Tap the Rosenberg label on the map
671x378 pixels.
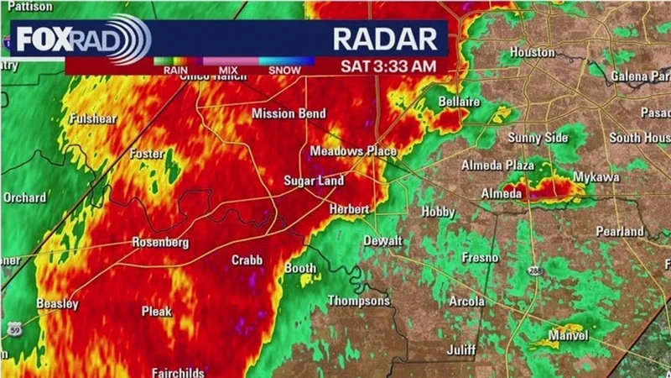coord(160,243)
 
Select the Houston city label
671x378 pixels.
coord(533,52)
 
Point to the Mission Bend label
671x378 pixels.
coord(289,113)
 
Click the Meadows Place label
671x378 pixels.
coord(353,151)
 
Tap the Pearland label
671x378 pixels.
coord(620,231)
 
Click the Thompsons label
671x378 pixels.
coord(358,301)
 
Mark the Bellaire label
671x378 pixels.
coord(459,102)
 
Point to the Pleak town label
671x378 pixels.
coord(156,312)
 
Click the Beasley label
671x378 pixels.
coord(57,303)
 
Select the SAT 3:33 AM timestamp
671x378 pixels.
coord(388,65)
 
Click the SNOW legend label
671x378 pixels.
coord(285,70)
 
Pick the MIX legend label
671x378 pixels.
coord(227,70)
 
